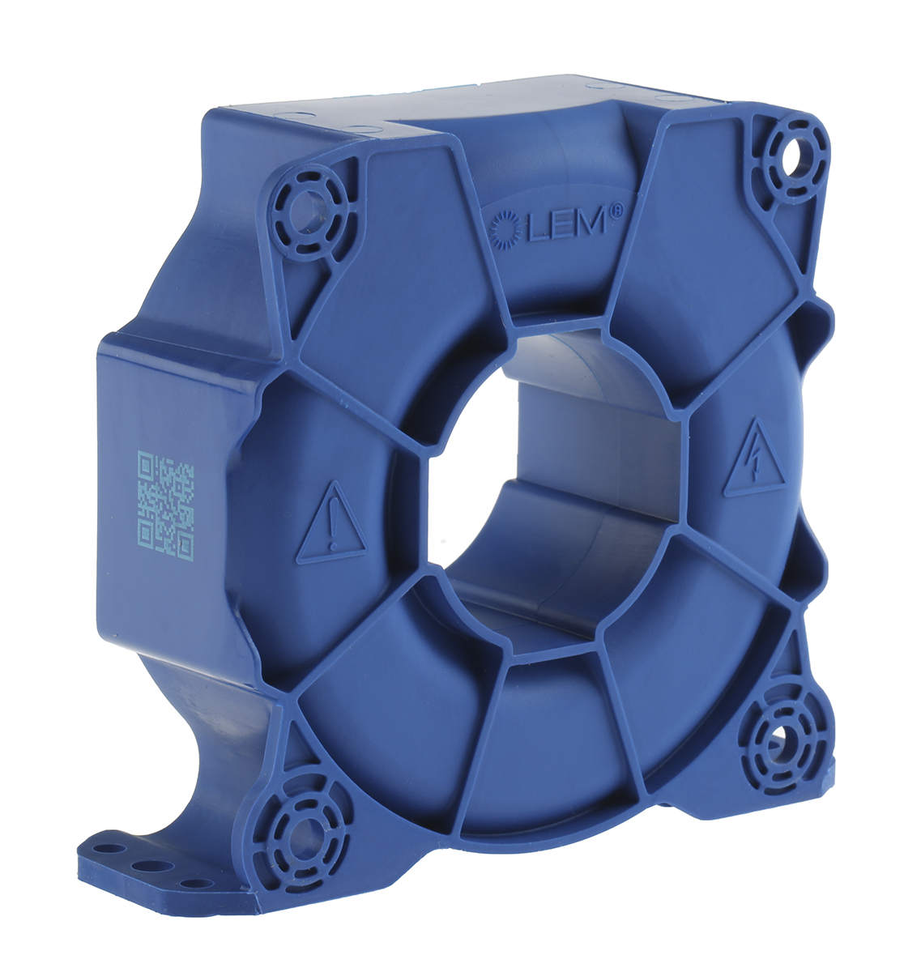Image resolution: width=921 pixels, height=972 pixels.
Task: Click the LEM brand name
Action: click(x=568, y=222)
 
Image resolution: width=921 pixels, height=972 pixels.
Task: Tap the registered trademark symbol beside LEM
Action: click(x=639, y=207)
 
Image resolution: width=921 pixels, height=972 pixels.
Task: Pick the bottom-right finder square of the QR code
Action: click(x=185, y=545)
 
